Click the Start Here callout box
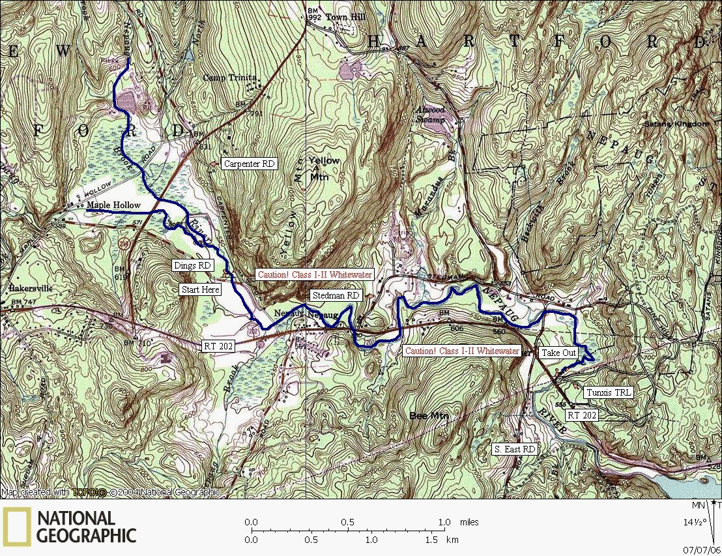tap(201, 289)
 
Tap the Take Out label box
tap(558, 353)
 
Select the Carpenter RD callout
tap(250, 164)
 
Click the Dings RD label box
tap(192, 265)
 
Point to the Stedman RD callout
tap(336, 295)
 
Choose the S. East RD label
tap(514, 449)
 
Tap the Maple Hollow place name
tap(113, 205)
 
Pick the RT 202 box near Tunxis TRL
tap(581, 415)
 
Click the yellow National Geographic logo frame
tap(16, 527)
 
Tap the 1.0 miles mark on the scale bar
tap(445, 522)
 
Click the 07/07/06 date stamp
tap(706, 549)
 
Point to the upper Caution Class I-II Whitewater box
tap(315, 274)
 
